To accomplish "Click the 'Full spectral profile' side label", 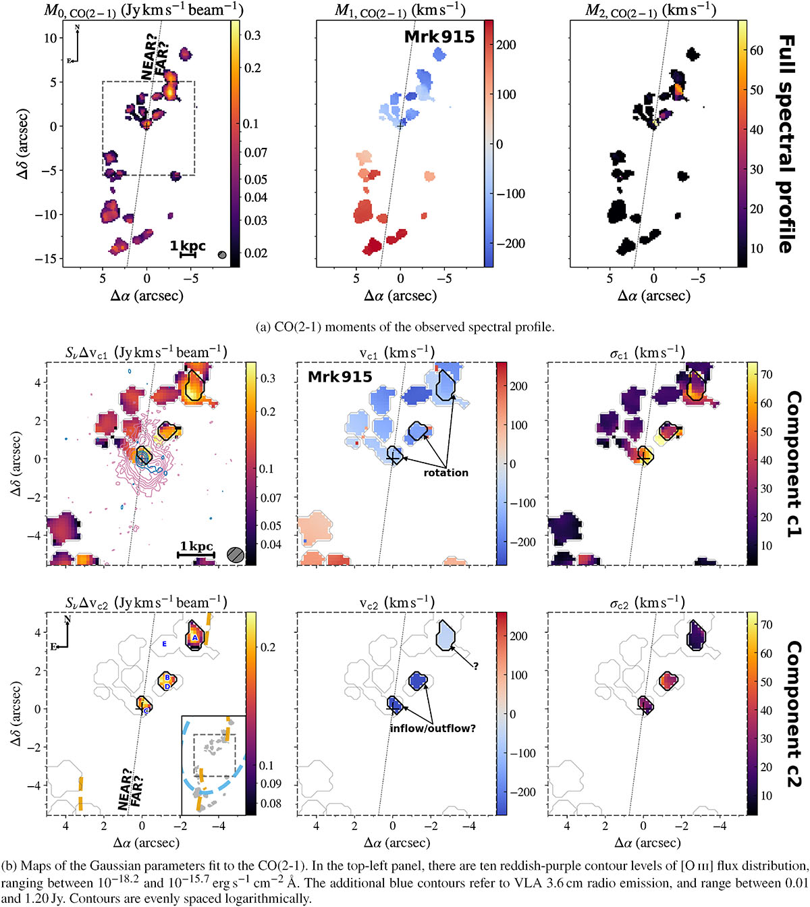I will coord(786,144).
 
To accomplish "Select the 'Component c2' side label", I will coord(794,714).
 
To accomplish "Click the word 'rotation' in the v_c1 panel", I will coord(446,473).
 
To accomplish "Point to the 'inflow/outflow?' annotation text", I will coord(433,729).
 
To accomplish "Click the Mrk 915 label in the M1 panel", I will coord(439,36).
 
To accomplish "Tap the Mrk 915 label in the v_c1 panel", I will coord(340,377).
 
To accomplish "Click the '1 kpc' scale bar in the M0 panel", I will coord(188,250).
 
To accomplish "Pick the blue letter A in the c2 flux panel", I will coord(194,637).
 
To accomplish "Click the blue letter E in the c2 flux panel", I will coord(164,644).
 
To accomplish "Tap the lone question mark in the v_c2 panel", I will coord(476,667).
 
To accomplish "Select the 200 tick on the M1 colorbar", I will coord(506,45).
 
